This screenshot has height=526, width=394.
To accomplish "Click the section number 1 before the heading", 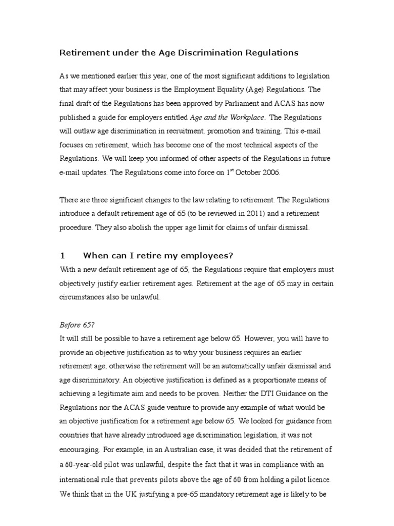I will click(x=63, y=256).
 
